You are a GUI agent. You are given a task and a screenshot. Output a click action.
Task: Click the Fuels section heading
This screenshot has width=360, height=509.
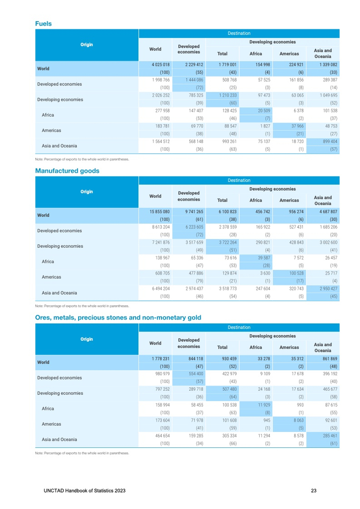(x=43, y=24)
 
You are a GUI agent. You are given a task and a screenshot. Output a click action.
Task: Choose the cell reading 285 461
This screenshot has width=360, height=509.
(x=328, y=435)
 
